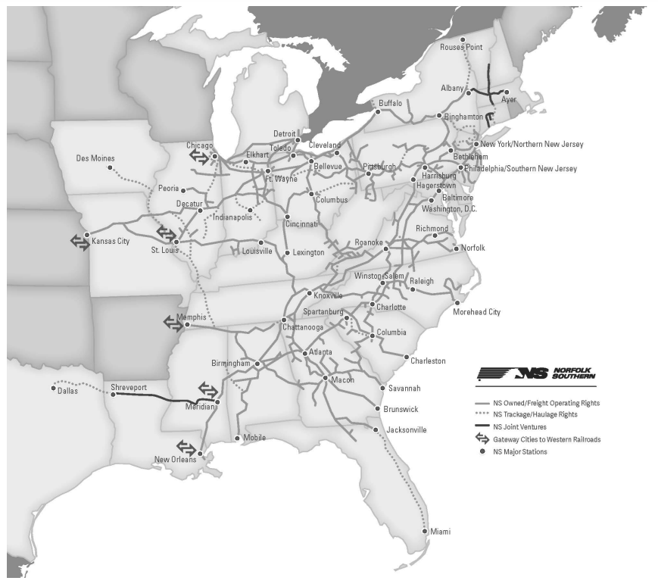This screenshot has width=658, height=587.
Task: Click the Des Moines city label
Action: [x=95, y=159]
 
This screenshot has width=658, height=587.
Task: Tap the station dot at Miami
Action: [x=425, y=531]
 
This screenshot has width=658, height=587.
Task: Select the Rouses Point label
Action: [x=462, y=48]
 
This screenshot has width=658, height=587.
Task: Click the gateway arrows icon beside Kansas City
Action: [x=79, y=242]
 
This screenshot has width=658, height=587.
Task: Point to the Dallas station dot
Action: [x=54, y=389]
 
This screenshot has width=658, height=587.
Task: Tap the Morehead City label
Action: [x=477, y=312]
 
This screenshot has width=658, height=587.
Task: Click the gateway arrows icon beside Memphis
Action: [x=173, y=323]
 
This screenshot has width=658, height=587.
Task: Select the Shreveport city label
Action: [x=129, y=387]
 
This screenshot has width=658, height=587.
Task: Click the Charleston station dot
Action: [x=407, y=357]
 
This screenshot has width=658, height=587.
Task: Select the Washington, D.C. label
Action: [x=452, y=208]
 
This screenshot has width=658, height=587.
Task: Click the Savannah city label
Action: [x=404, y=389]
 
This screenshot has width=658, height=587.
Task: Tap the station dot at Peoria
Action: [x=182, y=191]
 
